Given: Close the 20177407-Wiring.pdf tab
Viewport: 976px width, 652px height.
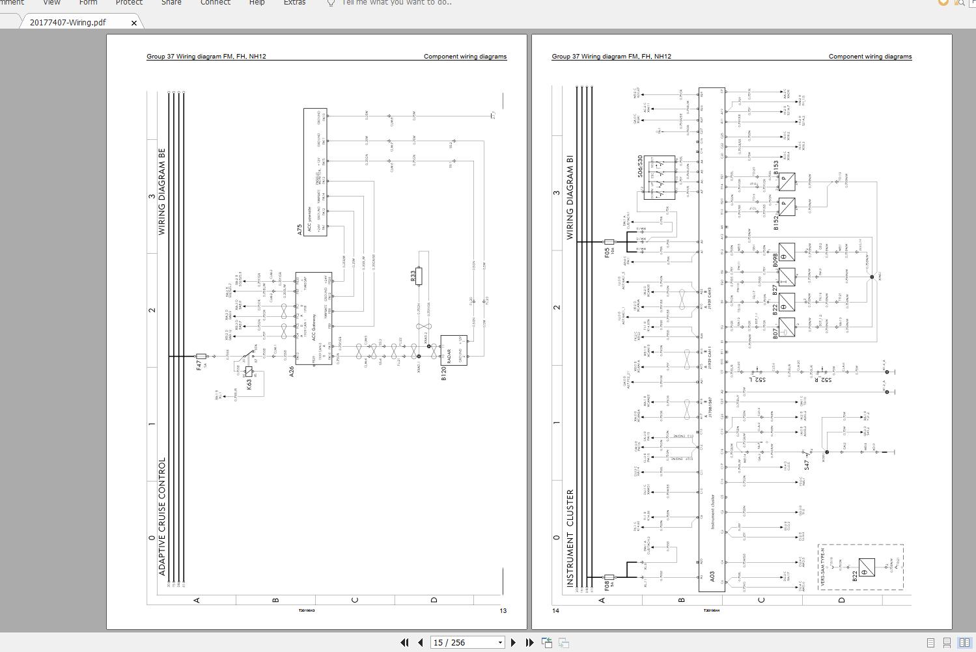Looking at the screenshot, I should pyautogui.click(x=134, y=23).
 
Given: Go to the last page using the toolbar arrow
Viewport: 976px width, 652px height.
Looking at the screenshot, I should pyautogui.click(x=530, y=642).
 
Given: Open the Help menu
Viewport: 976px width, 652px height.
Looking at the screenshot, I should pyautogui.click(x=257, y=3).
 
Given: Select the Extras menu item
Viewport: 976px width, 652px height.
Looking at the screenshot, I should pyautogui.click(x=294, y=3).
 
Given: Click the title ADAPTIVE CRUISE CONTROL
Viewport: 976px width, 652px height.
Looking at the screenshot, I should pyautogui.click(x=162, y=516).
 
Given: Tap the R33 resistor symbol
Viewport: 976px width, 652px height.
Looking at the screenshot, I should pyautogui.click(x=419, y=276).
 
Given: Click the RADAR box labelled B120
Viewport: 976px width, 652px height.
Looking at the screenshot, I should pyautogui.click(x=454, y=350).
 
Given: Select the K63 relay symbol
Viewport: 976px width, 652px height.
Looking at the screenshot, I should pyautogui.click(x=249, y=372).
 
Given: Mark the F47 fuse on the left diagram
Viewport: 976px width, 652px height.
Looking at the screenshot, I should pyautogui.click(x=201, y=357).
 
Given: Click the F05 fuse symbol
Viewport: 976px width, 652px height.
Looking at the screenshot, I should pyautogui.click(x=609, y=242).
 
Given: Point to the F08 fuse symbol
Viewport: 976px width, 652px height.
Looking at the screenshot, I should pyautogui.click(x=609, y=577).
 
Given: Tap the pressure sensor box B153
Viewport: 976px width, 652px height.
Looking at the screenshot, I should pyautogui.click(x=787, y=180).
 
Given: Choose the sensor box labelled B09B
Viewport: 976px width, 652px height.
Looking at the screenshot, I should pyautogui.click(x=787, y=252).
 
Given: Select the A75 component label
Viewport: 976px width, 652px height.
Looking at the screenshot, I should pyautogui.click(x=300, y=229).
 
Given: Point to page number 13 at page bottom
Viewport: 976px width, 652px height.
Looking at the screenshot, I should pyautogui.click(x=503, y=610).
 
